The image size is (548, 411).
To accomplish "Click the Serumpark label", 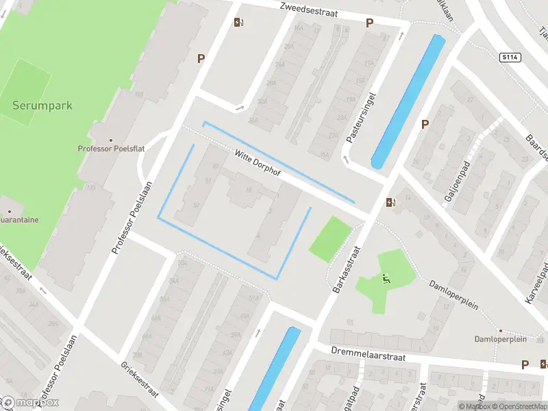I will tap(42, 106).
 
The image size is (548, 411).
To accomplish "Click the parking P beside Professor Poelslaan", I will tap(201, 59).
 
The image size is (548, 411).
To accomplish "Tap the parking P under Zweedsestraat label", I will tap(369, 23).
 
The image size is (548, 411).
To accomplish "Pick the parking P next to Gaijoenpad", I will tap(425, 125).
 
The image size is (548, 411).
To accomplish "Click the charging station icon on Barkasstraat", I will tap(390, 202).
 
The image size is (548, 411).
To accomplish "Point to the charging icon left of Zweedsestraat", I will tap(238, 22).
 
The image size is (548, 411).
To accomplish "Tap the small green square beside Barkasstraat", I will tap(331, 238).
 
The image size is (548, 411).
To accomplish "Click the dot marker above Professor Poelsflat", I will tap(110, 140).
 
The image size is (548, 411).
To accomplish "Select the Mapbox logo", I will tap(31, 402).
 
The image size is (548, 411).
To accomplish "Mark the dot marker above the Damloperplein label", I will tap(501, 330).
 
